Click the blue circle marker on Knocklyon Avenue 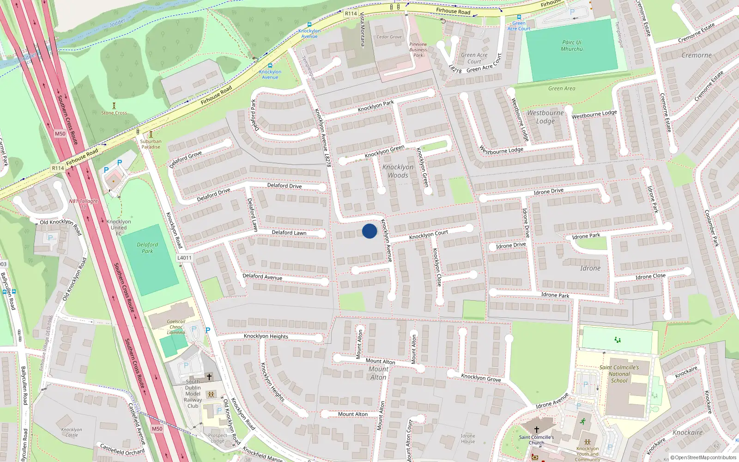pos(369,231)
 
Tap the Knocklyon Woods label pos(398,171)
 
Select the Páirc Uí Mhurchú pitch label pos(572,45)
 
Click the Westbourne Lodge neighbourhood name pos(545,117)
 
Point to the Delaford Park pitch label pos(147,248)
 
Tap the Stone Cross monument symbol pos(114,106)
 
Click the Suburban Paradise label pos(151,144)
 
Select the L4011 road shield pos(184,258)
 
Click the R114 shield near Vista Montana pos(351,13)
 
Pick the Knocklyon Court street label pos(429,235)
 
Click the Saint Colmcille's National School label pos(619,374)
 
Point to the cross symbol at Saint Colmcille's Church pos(537,430)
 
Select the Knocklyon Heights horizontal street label pos(266,336)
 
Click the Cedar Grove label pos(389,37)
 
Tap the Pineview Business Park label pos(418,49)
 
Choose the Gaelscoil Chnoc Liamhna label pos(176,327)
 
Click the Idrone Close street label pos(650,276)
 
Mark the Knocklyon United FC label pos(119,227)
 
